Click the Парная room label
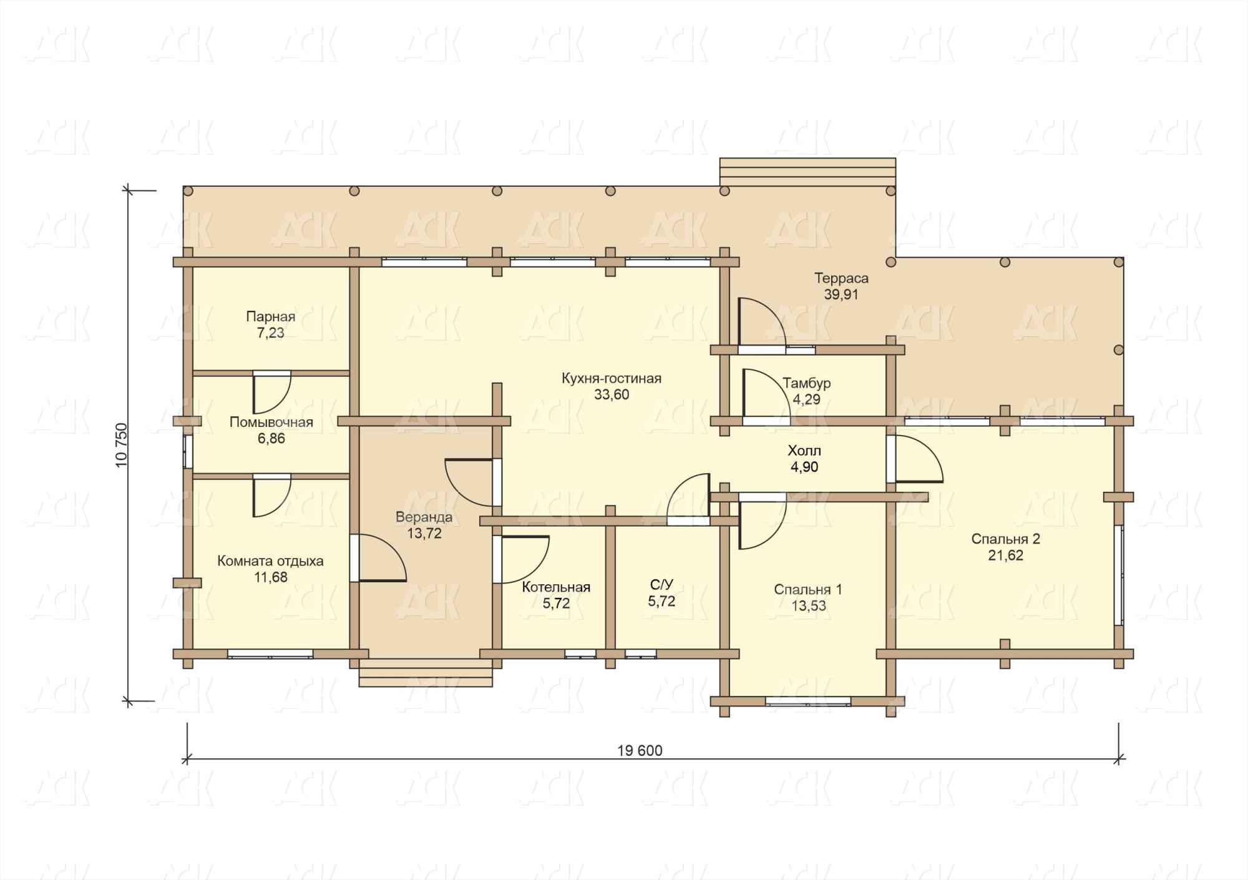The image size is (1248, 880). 270,316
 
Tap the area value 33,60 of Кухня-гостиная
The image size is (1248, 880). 612,394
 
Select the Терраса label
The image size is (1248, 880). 841,278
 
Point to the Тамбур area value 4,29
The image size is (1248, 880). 806,399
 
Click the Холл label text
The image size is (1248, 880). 804,451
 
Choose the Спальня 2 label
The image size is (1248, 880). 1005,539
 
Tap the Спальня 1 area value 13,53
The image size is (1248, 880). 808,606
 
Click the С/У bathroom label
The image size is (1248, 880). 661,585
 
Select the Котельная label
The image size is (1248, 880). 556,587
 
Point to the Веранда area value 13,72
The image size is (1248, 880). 424,534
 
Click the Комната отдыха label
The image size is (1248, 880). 270,561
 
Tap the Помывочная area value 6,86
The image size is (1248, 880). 271,439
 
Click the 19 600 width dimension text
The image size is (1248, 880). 640,750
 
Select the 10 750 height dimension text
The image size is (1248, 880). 122,445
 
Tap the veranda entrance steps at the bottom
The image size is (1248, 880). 426,673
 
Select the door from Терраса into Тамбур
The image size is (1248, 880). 761,322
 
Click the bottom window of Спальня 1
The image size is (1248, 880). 808,701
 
